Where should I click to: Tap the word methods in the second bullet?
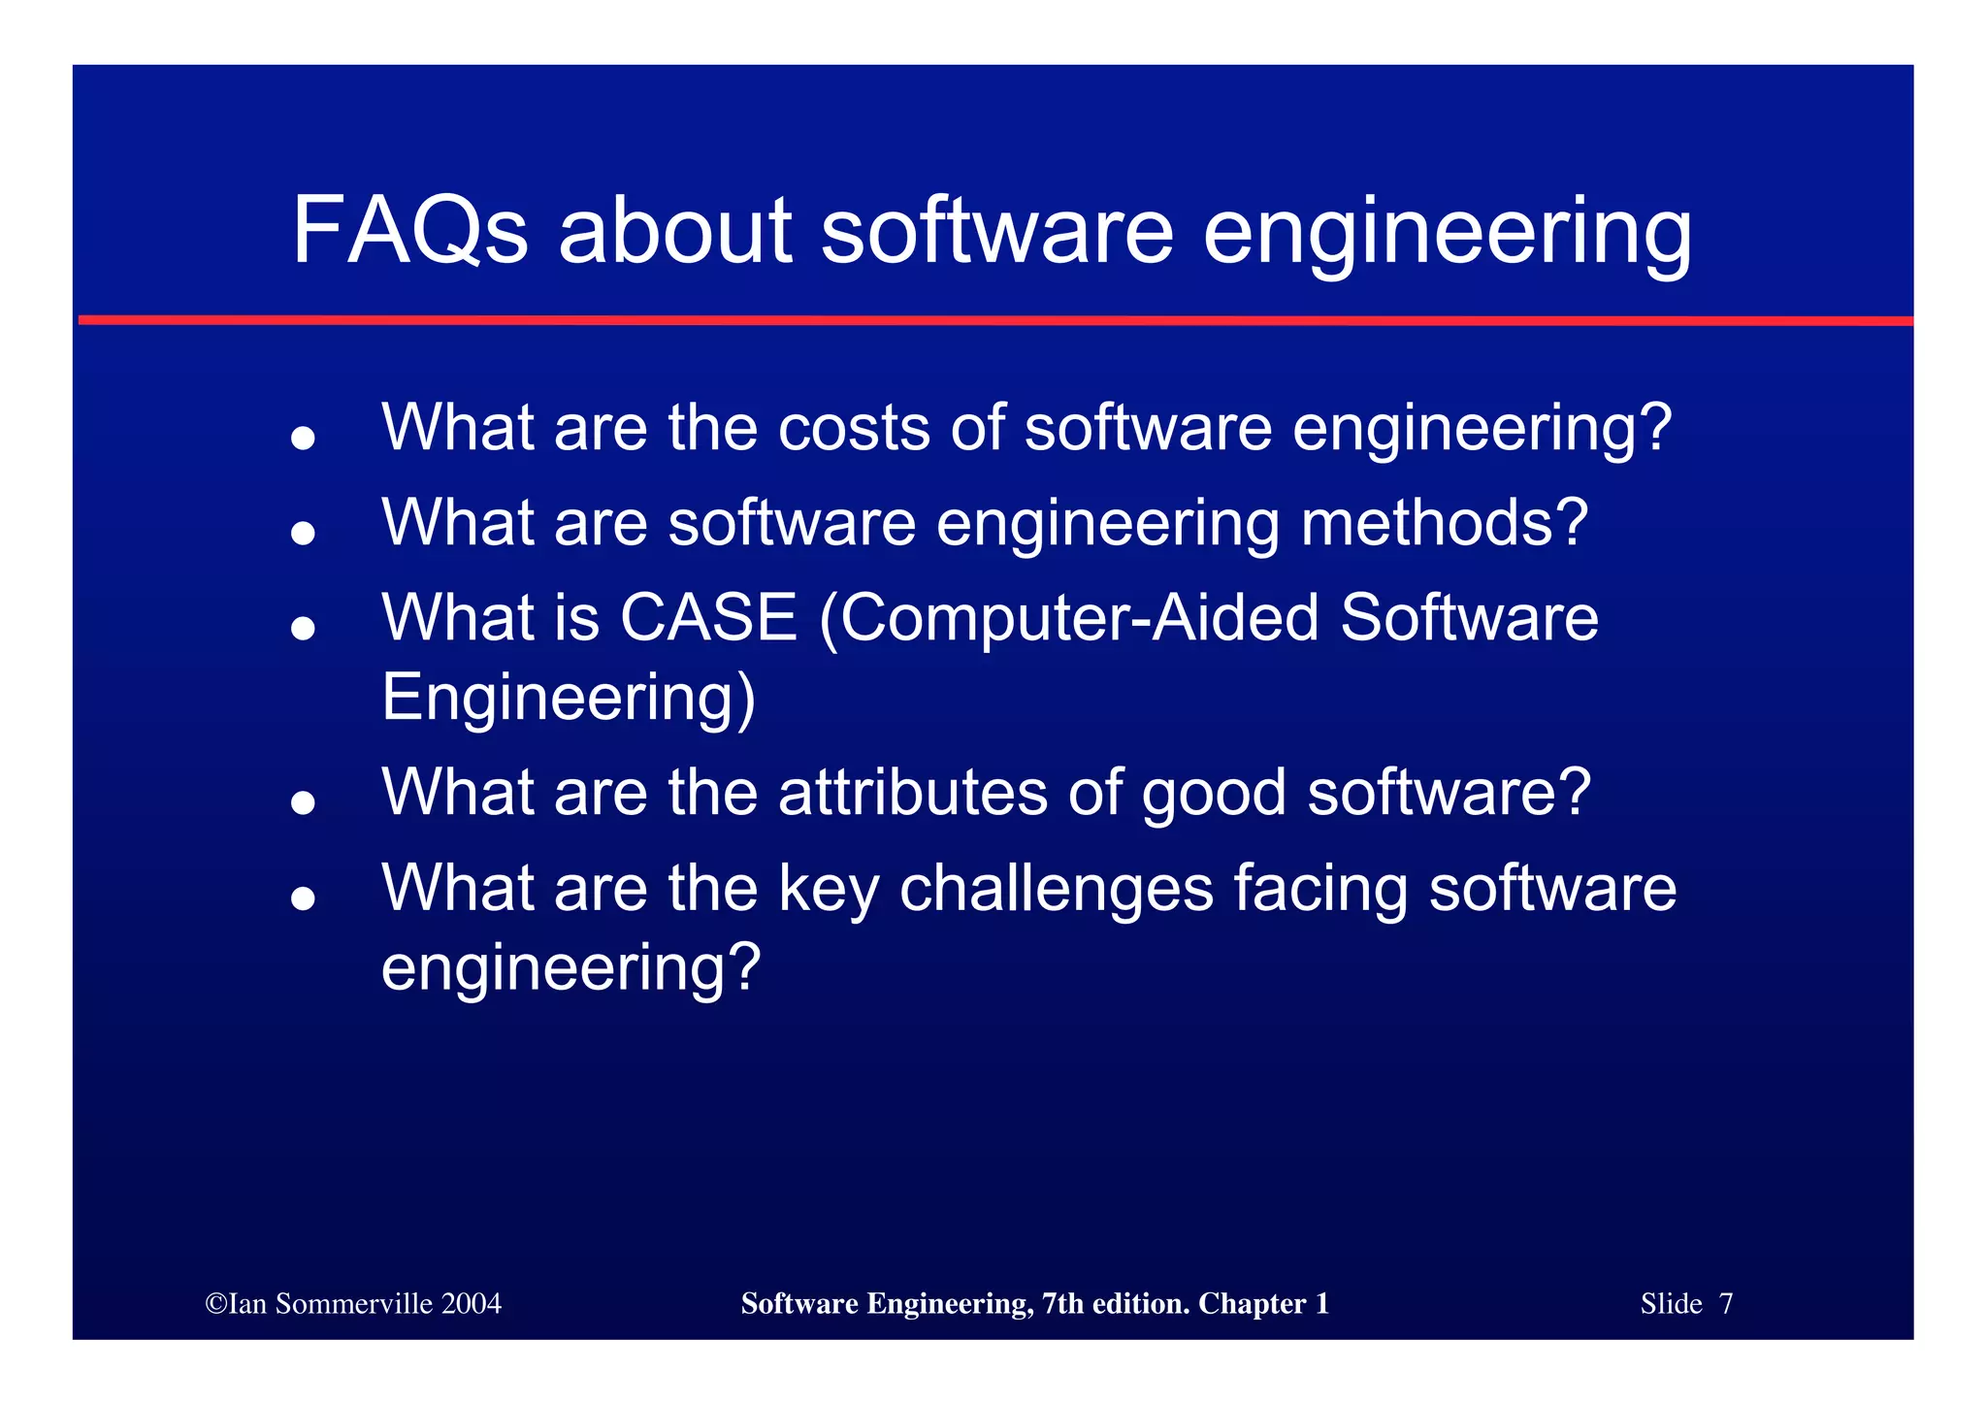1444,522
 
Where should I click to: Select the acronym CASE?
708,617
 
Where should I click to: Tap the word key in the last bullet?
828,891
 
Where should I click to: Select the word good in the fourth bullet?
1213,794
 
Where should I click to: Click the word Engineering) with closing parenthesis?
569,698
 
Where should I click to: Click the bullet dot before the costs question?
304,439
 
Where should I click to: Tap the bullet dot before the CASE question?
304,629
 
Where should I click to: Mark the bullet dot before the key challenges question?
304,899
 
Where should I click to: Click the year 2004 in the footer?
471,1303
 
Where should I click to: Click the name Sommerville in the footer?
353,1303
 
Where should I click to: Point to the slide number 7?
1725,1303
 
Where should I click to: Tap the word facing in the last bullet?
1319,891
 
